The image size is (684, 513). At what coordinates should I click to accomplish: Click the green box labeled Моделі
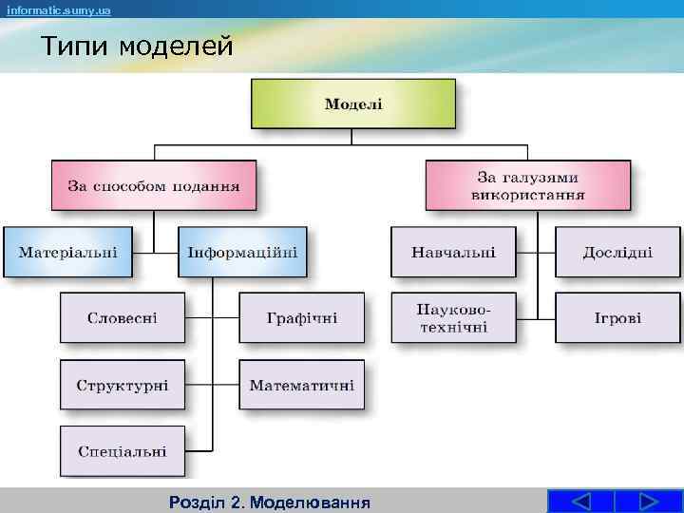point(352,104)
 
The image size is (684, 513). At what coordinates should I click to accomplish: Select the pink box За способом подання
point(153,185)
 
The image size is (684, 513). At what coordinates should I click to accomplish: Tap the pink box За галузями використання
point(527,185)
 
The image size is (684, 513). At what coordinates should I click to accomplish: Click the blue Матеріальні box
point(67,252)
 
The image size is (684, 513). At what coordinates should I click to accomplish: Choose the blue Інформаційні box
point(242,252)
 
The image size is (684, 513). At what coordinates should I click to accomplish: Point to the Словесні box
point(123,317)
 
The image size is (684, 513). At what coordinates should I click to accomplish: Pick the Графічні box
point(301,317)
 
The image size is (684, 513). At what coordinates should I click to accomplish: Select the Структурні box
point(123,385)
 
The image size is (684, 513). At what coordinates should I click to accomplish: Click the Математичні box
point(301,385)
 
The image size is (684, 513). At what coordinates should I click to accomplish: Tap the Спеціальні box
point(123,451)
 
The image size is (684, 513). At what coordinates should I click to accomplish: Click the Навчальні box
point(453,252)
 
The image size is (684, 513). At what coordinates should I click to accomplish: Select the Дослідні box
point(617,252)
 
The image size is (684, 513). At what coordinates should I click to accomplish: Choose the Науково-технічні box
point(453,317)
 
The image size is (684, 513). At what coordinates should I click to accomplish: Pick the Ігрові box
point(617,317)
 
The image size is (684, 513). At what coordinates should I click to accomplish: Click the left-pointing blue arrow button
point(581,502)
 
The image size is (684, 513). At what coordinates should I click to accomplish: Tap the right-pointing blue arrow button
point(649,502)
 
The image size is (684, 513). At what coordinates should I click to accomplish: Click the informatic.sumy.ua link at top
point(59,9)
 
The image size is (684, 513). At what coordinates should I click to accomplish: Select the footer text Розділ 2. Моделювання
point(268,502)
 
